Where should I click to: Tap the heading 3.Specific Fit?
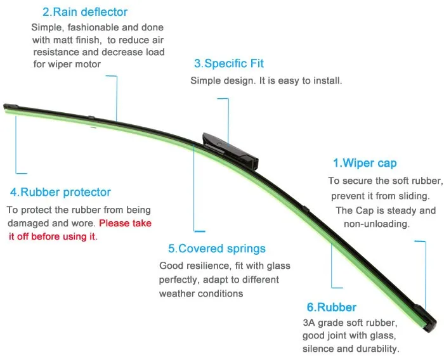229,63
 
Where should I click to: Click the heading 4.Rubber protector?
60,192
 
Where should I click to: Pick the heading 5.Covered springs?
216,248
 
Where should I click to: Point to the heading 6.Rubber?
332,307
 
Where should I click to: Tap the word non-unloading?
377,224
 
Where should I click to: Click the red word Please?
115,223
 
